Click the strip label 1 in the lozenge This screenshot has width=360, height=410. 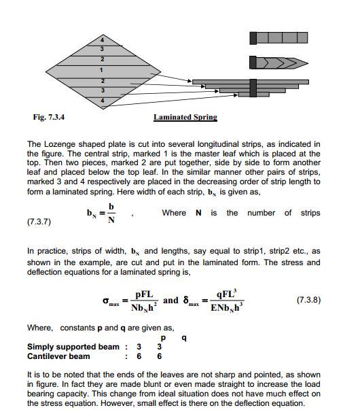tap(101, 70)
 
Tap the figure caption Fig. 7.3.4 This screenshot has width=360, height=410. tap(49, 117)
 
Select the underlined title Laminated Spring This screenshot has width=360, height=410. tap(185, 117)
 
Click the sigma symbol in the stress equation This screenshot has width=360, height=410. tap(106, 299)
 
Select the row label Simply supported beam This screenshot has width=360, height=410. tap(73, 347)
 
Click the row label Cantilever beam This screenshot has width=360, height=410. tap(58, 356)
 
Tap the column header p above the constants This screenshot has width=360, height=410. tap(162, 338)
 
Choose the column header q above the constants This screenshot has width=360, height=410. tap(183, 338)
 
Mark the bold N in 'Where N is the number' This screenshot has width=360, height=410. tap(198, 213)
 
